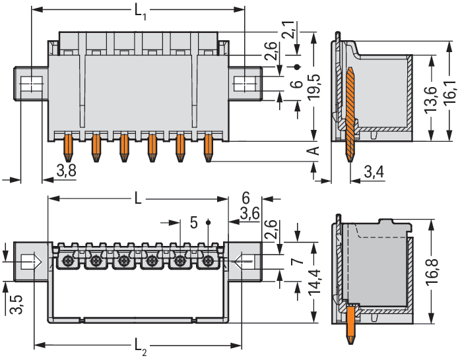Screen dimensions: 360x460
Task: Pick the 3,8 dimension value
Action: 66,172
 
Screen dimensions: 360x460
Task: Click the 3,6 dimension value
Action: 249,214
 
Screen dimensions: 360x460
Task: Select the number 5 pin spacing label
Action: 193,222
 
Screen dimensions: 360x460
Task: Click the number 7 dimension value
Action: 298,261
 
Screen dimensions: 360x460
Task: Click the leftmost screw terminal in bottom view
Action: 67,262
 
